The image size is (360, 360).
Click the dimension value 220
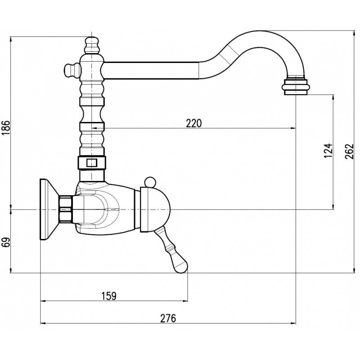194,123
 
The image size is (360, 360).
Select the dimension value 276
168,318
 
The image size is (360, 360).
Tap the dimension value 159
109,296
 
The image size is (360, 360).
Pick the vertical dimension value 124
328,150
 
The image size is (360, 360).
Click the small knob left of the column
70,70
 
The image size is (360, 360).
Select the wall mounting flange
47,209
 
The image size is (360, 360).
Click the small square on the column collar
92,163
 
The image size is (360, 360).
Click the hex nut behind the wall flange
65,209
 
